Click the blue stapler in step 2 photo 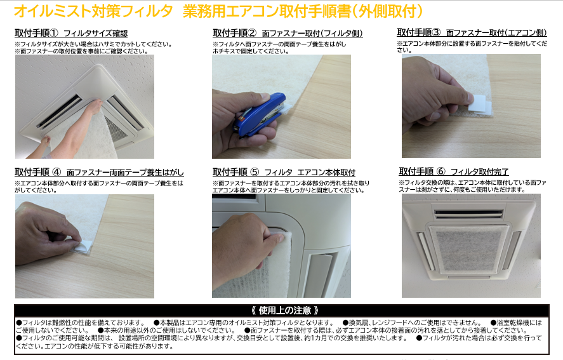tap(259, 115)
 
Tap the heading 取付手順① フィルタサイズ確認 tap(71, 33)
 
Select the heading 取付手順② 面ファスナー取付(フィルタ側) tap(288, 33)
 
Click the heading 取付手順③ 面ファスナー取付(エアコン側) tap(472, 32)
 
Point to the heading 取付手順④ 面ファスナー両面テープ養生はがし tap(99, 172)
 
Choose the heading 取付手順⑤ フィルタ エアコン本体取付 tap(284, 172)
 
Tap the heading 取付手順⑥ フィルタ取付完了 tap(454, 171)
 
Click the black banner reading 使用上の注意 tap(282, 310)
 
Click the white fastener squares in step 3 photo tap(480, 105)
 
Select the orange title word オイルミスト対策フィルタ tap(93, 11)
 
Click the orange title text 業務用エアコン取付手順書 tap(267, 11)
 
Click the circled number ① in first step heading tap(53, 33)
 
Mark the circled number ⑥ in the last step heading tap(440, 171)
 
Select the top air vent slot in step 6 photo tap(468, 214)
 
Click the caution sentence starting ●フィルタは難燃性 tap(81, 323)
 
